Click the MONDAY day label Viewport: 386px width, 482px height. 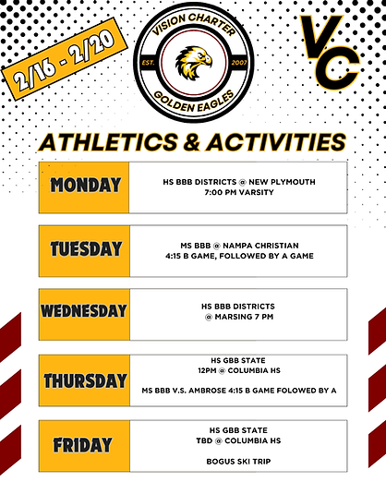86,185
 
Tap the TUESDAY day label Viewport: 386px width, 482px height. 86,248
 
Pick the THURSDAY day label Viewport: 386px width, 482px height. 85,380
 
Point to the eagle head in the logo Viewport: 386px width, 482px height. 195,62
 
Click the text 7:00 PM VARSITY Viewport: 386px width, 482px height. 238,194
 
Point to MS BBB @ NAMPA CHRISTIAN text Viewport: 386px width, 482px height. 238,244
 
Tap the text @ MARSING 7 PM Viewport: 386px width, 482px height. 238,318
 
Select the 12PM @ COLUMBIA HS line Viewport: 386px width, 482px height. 238,372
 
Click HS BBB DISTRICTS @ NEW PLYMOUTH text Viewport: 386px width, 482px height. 238,183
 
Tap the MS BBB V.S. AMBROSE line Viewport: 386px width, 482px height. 238,391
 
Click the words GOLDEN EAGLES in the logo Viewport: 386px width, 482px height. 193,104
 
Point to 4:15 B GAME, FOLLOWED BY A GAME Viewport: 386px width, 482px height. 238,255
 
